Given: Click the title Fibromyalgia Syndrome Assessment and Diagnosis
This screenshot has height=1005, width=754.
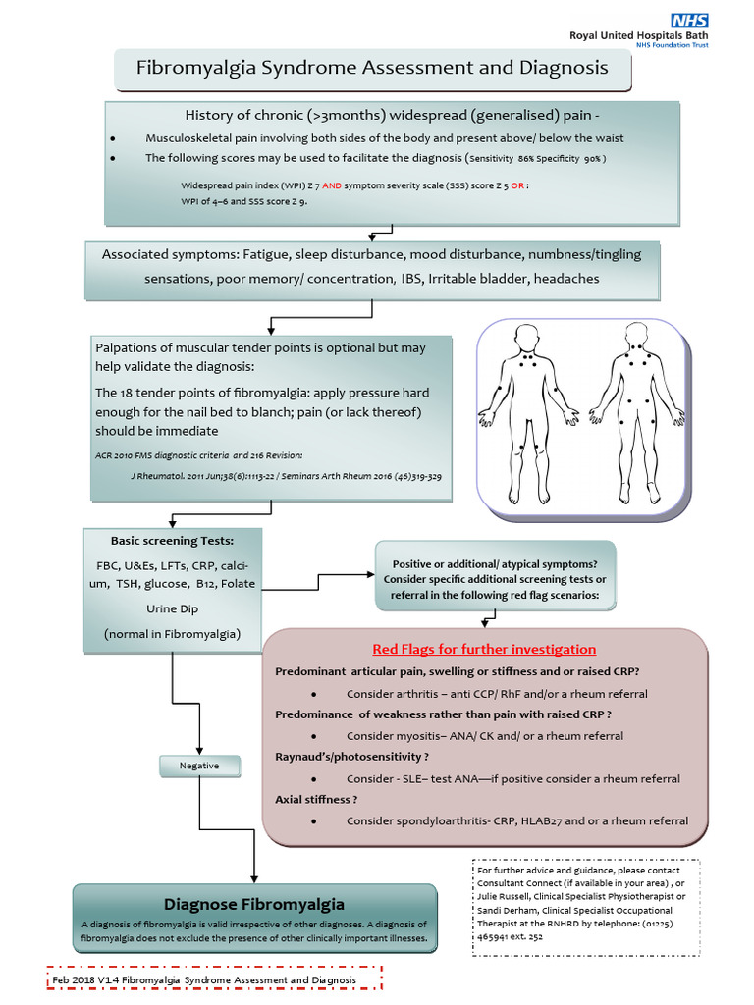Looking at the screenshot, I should (371, 68).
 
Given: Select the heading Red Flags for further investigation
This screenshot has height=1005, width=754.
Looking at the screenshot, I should (484, 649).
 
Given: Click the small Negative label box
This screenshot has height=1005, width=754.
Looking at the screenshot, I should (199, 766).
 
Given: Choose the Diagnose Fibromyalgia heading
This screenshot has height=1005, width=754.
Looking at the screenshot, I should (254, 903).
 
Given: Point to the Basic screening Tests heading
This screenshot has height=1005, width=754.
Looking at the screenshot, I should (172, 541).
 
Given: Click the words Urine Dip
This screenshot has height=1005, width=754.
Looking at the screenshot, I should (172, 608).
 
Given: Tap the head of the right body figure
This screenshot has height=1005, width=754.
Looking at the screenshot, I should (635, 339).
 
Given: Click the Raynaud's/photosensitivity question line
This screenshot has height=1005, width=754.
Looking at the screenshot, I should (351, 757).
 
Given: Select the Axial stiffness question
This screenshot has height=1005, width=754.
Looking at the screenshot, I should (316, 799).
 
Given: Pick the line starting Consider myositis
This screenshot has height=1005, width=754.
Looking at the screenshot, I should (485, 735).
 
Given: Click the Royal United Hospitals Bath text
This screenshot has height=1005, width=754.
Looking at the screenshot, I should (638, 35).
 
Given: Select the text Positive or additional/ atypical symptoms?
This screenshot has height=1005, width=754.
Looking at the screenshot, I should (495, 563).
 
